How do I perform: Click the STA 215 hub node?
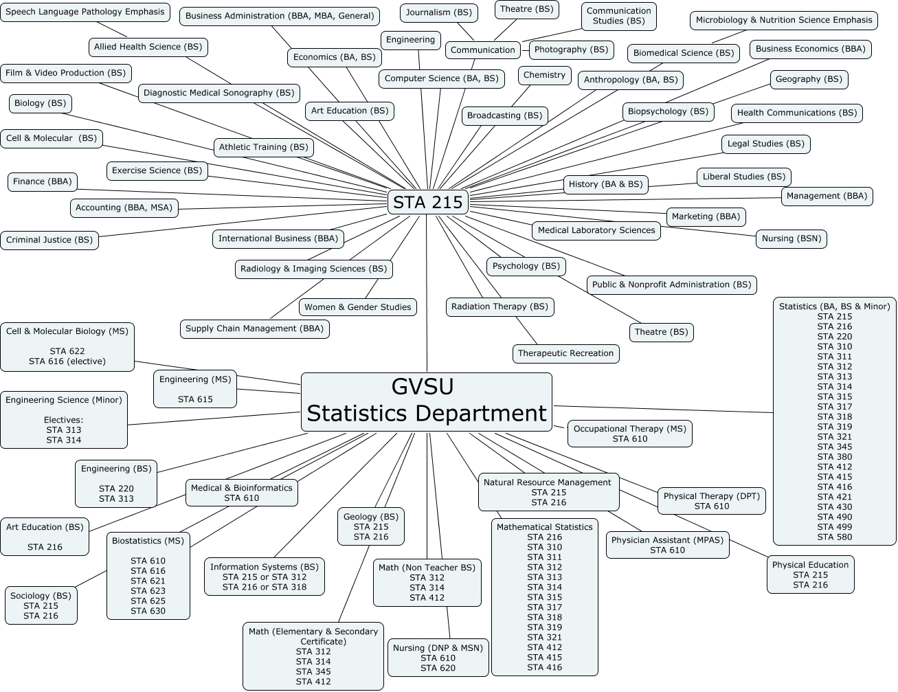coord(428,203)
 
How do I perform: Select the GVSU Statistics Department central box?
coord(426,402)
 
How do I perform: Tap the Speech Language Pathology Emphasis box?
coord(85,12)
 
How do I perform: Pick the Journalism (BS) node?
coord(439,12)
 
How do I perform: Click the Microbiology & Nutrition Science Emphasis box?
coord(784,20)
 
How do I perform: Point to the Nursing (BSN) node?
coord(792,238)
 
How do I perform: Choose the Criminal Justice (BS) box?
coord(49,240)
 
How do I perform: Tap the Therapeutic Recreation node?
coord(565,353)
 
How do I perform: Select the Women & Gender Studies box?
coord(358,307)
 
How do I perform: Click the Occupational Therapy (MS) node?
coord(629,434)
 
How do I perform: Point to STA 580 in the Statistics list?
coord(835,537)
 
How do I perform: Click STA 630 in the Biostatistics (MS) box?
coord(148,611)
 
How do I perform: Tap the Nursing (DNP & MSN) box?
coord(438,658)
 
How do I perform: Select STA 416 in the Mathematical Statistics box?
coord(545,667)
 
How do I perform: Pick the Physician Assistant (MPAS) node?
coord(667,545)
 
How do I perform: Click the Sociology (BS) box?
coord(41,605)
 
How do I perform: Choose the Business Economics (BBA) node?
coord(810,49)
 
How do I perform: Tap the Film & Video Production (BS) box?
coord(66,73)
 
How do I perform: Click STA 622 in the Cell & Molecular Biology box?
coord(67,351)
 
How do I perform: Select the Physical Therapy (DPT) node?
coord(712,501)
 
